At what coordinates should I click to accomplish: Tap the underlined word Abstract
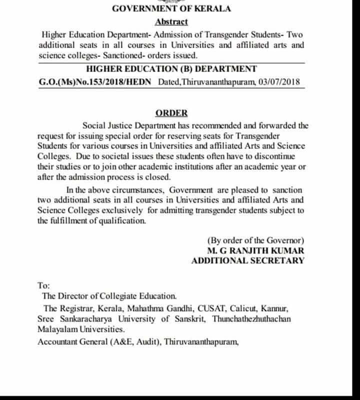coord(171,21)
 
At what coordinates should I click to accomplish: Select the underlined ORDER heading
coord(171,112)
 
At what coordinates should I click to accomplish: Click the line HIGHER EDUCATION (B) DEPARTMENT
coord(171,69)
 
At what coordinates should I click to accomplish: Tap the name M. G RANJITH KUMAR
coord(255,250)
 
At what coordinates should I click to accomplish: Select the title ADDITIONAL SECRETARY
coord(247,260)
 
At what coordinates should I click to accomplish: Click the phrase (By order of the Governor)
coord(255,239)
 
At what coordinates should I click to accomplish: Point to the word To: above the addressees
coord(44,285)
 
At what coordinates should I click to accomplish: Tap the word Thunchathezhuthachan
coord(254,319)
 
